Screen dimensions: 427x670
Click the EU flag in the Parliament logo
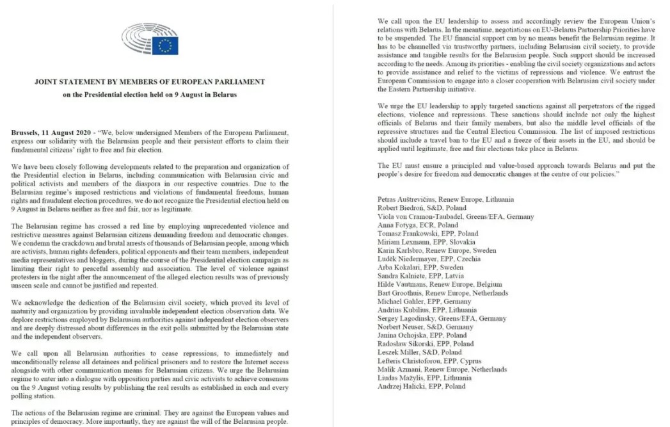click(165, 45)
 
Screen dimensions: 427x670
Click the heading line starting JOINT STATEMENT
click(150, 82)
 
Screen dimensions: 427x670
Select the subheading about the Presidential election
click(150, 95)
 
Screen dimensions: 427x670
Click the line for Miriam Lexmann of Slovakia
click(426, 242)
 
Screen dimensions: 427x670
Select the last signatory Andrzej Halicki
click(422, 386)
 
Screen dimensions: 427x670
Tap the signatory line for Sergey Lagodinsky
click(442, 318)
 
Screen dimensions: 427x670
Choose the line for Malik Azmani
click(442, 369)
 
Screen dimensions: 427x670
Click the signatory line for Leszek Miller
click(419, 352)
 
